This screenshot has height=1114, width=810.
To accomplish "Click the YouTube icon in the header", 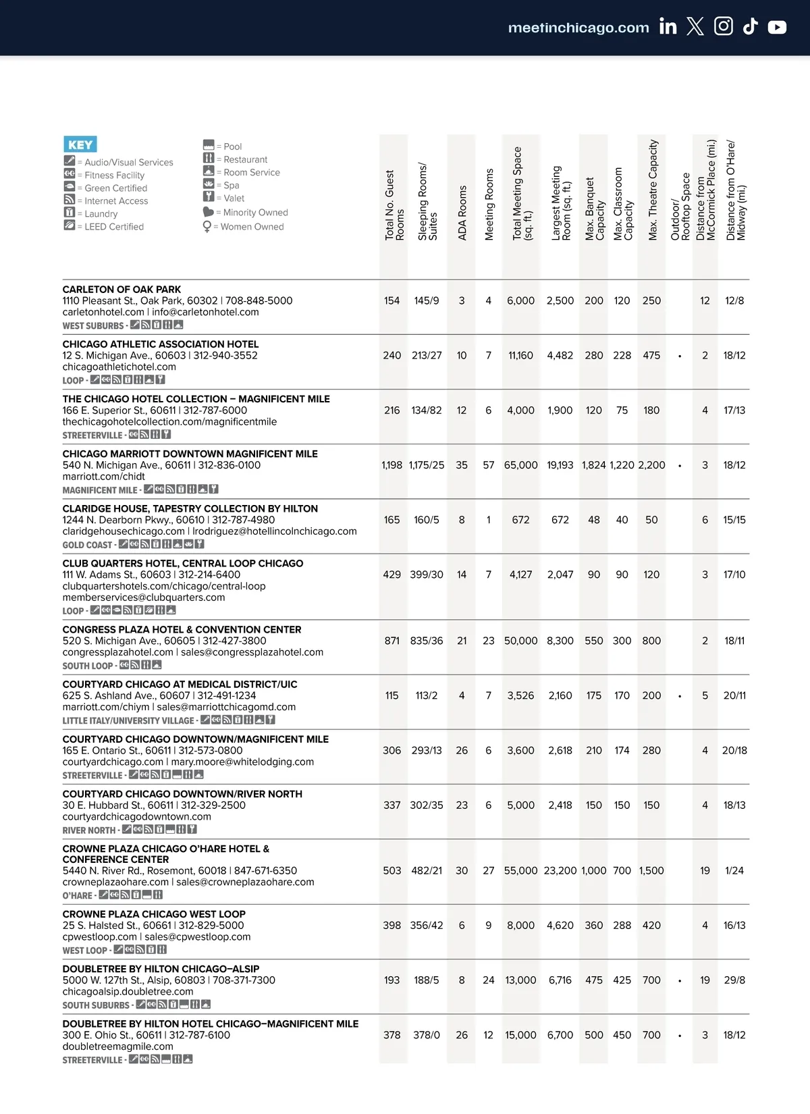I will pyautogui.click(x=777, y=27).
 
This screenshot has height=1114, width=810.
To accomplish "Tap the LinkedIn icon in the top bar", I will pyautogui.click(x=668, y=26).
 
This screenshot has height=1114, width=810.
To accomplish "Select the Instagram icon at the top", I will pyautogui.click(x=723, y=26).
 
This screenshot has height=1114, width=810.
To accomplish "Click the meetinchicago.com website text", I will pyautogui.click(x=578, y=28).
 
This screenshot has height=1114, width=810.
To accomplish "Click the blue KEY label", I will pyautogui.click(x=80, y=144).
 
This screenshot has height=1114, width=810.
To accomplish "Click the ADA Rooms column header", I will pyautogui.click(x=462, y=212).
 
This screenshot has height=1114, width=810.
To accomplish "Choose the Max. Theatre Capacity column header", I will pyautogui.click(x=652, y=190).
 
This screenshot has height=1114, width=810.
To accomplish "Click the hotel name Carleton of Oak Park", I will pyautogui.click(x=122, y=290).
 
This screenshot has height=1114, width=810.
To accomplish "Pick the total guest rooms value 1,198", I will pyautogui.click(x=391, y=465).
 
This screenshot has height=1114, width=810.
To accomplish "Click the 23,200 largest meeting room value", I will pyautogui.click(x=560, y=871).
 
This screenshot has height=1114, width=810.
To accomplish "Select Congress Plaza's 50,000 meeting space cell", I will pyautogui.click(x=520, y=641).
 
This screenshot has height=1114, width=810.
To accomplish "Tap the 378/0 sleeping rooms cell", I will pyautogui.click(x=427, y=1035).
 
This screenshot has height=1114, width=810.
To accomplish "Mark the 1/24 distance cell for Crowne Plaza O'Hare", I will pyautogui.click(x=734, y=871).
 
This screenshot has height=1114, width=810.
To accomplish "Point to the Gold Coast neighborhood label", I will pyautogui.click(x=87, y=545).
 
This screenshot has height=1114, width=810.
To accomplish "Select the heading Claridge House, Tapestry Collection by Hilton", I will pyautogui.click(x=190, y=509).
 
